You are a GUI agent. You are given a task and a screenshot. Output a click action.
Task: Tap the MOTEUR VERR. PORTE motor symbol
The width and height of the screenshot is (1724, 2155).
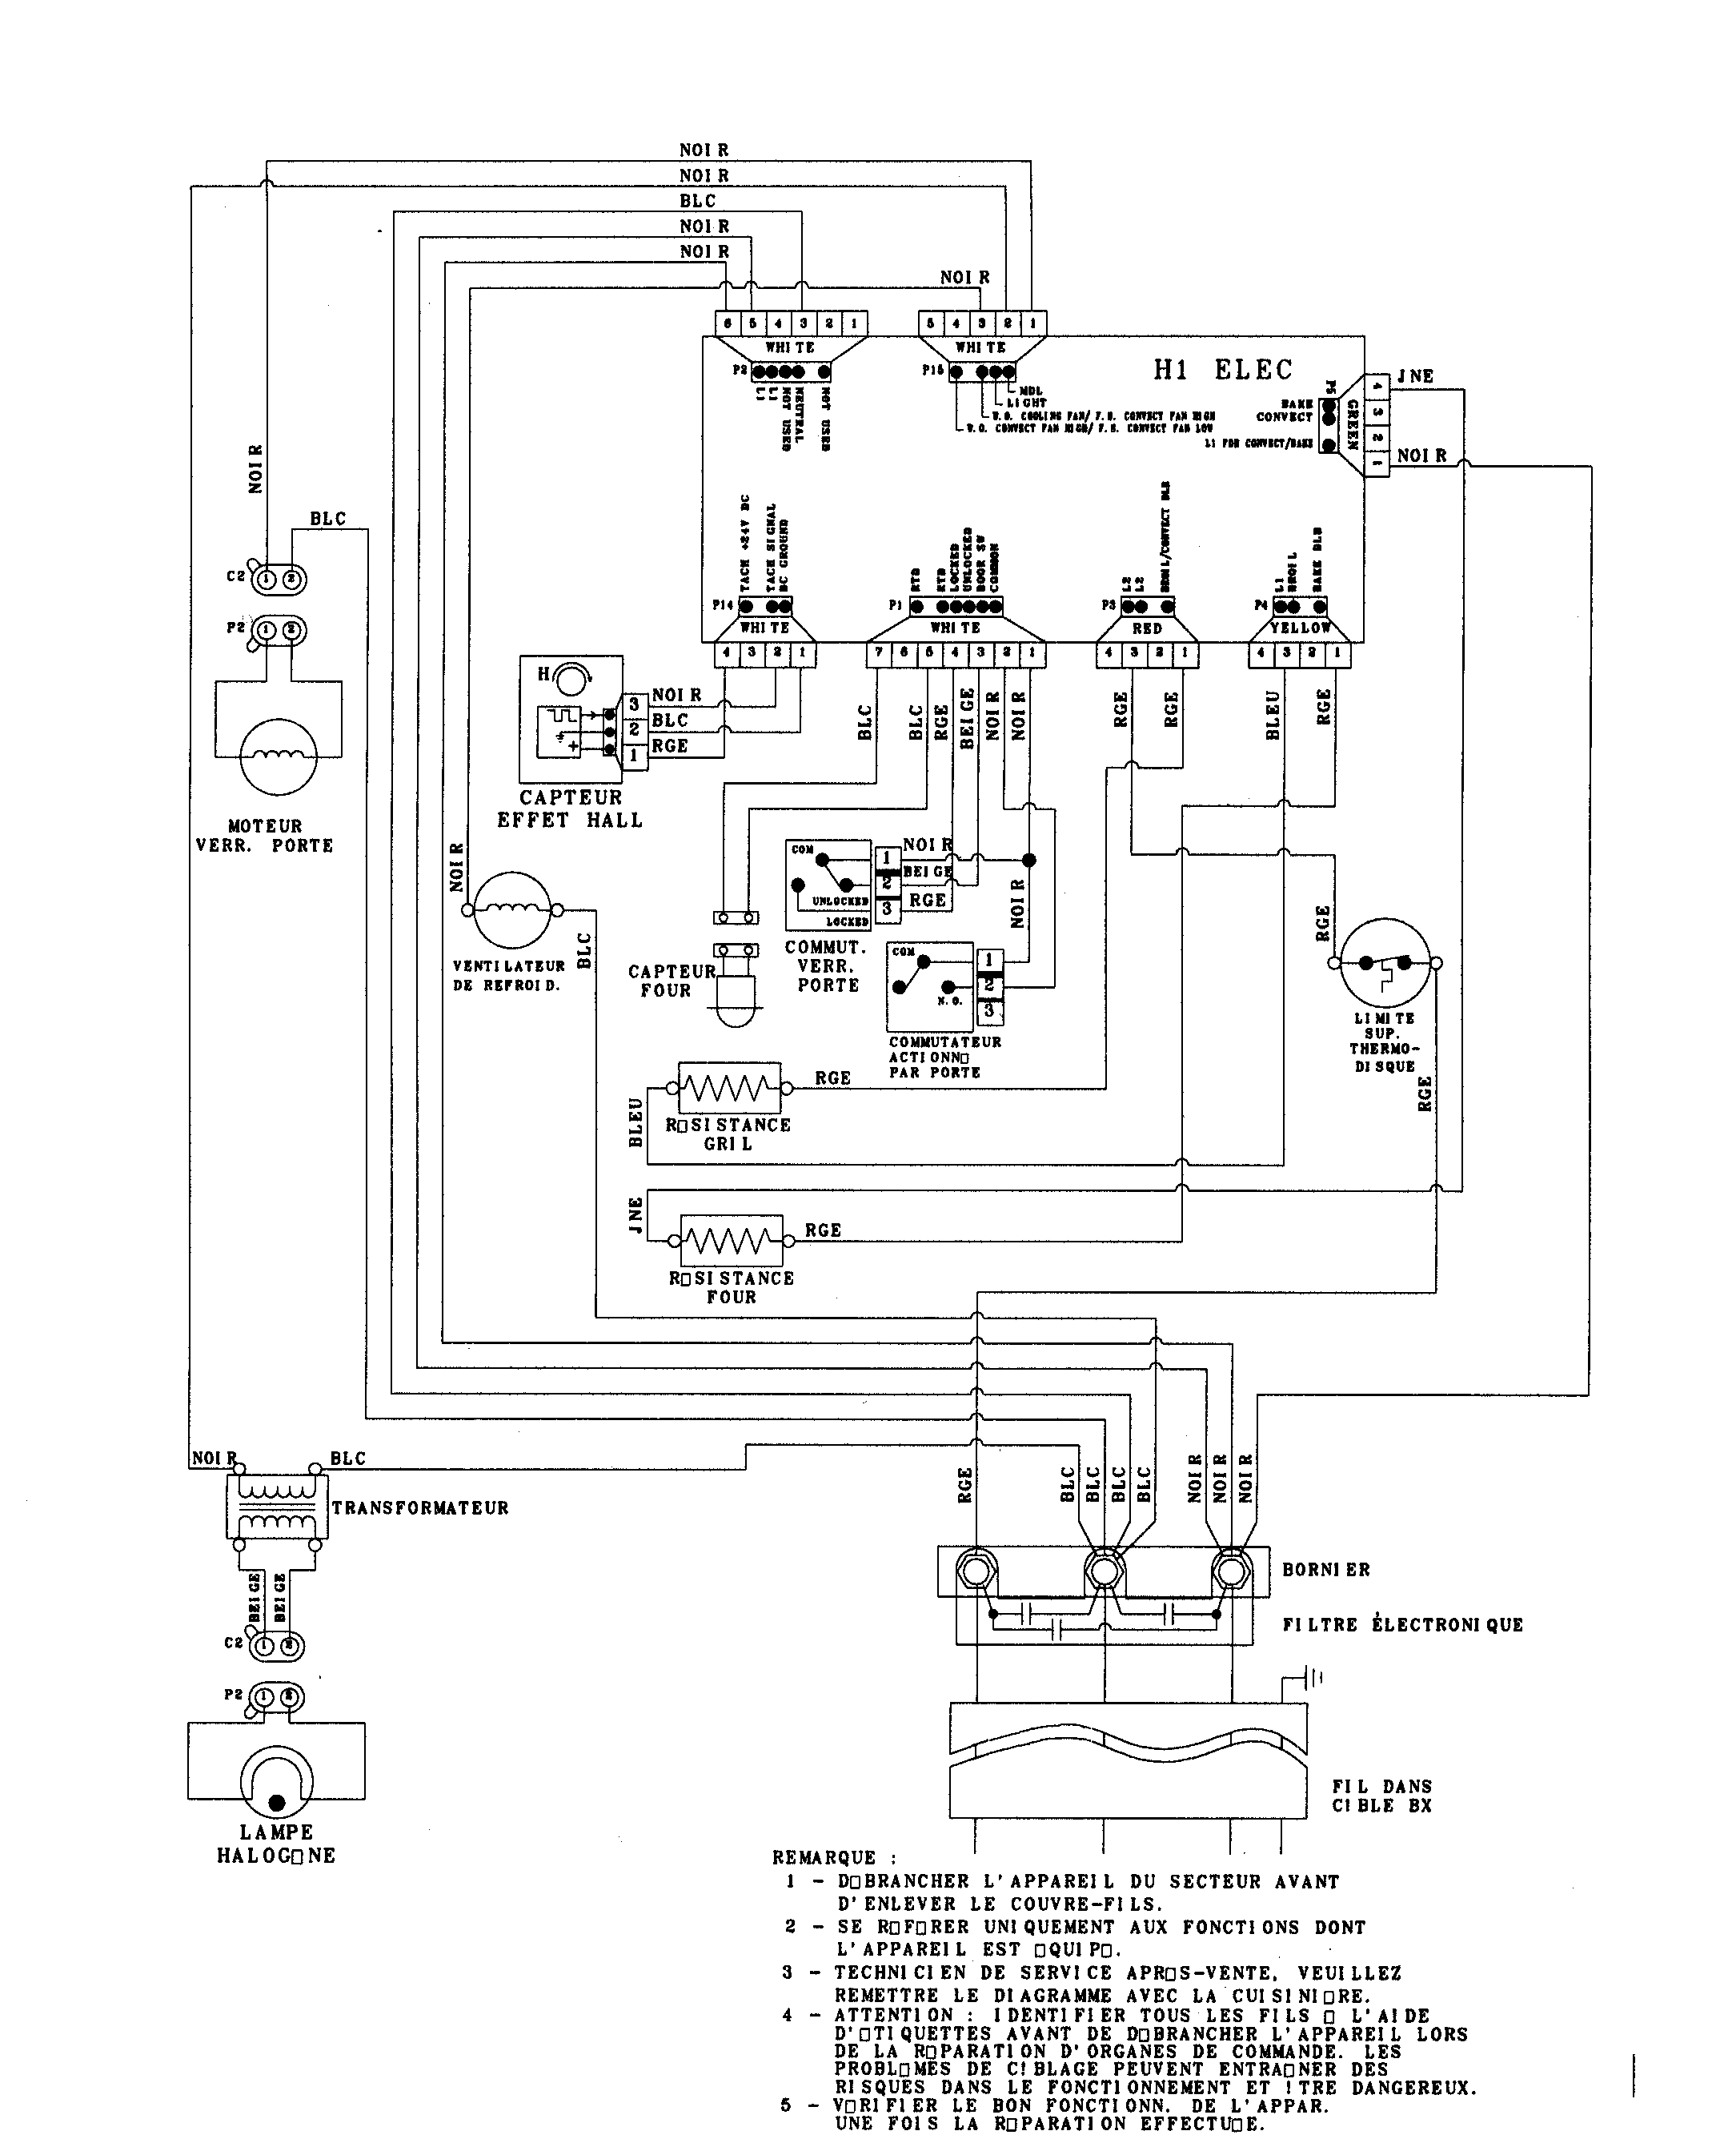click(x=278, y=756)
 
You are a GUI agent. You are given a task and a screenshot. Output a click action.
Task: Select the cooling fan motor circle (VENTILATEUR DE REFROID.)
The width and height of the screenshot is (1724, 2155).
click(x=511, y=909)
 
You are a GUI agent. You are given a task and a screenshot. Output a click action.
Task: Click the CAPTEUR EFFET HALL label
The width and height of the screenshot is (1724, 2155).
click(x=570, y=809)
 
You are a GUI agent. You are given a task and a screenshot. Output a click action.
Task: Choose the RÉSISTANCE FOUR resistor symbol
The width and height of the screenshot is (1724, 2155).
click(x=731, y=1241)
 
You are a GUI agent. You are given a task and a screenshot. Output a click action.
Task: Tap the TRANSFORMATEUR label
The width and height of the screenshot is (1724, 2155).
click(x=419, y=1508)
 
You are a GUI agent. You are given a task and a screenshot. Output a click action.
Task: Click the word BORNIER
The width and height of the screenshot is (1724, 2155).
click(x=1325, y=1569)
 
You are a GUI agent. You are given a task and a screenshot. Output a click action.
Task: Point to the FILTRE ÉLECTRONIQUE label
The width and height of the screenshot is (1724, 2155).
click(x=1402, y=1625)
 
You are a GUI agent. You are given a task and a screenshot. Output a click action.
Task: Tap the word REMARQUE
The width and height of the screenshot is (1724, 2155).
click(x=824, y=1858)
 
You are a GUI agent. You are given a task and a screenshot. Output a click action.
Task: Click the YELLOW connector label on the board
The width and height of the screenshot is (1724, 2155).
click(x=1301, y=628)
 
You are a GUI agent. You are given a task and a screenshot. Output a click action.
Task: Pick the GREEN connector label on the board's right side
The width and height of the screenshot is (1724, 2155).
click(x=1351, y=425)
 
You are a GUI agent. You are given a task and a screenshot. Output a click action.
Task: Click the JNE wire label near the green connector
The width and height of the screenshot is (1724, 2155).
click(x=1414, y=377)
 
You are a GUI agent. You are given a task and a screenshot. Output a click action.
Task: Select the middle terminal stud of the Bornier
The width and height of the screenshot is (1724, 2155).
click(x=1104, y=1572)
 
